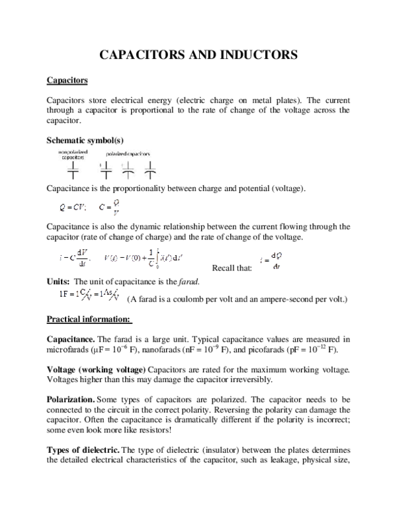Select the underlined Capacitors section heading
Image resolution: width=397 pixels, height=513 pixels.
coord(67,81)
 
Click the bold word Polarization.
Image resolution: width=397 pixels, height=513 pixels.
coord(71,400)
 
